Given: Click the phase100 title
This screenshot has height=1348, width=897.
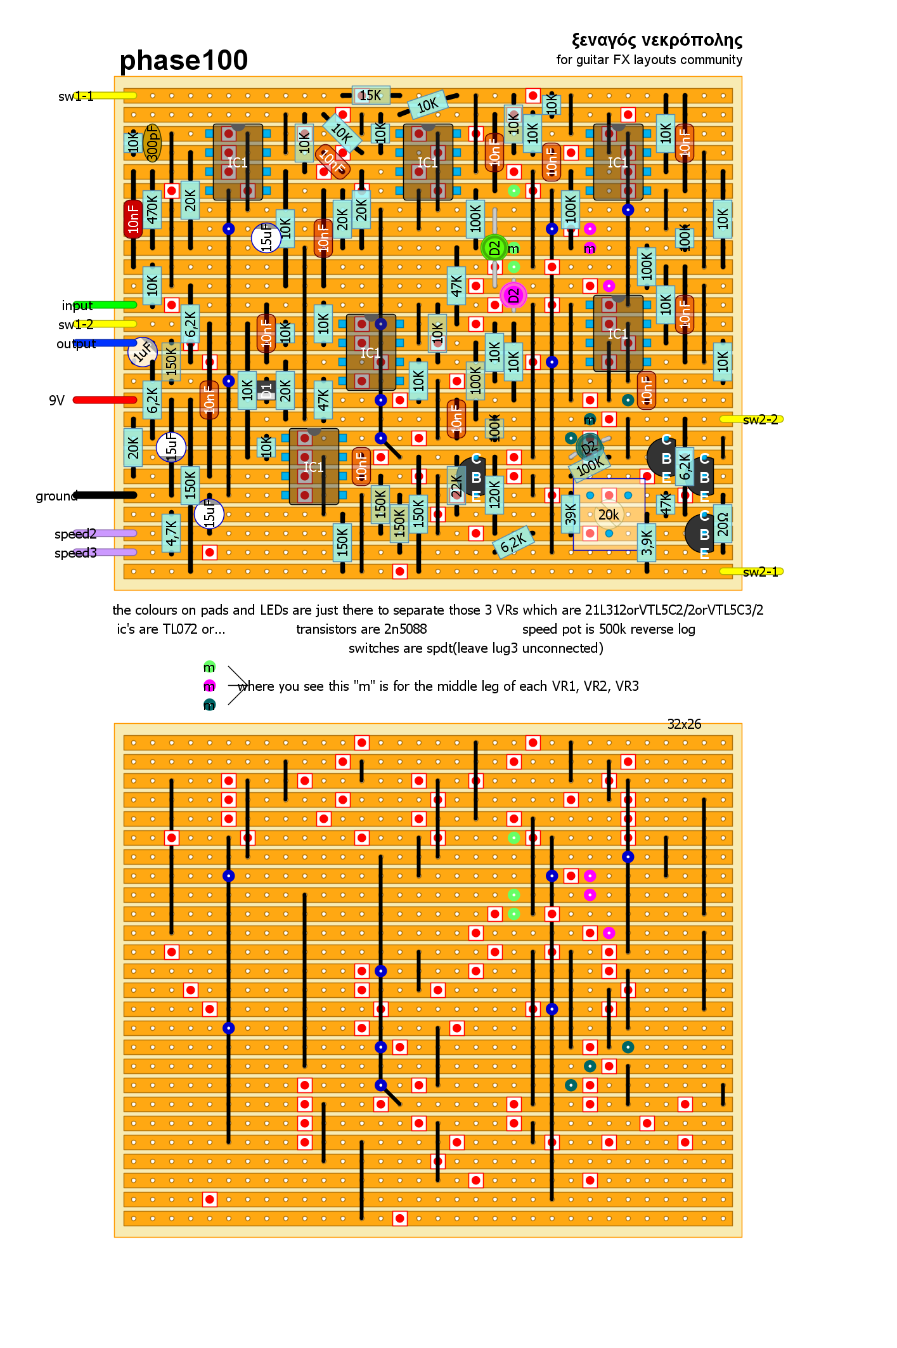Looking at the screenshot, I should click(x=183, y=61).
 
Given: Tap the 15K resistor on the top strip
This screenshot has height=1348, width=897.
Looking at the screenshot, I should click(x=371, y=95).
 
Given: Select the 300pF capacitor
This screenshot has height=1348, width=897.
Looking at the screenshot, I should click(x=152, y=143).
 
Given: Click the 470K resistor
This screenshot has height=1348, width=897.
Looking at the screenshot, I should click(x=152, y=209).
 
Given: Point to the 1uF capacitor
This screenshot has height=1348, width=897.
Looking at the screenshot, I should click(x=143, y=351).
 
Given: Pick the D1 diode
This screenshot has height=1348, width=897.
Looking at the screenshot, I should click(x=266, y=389).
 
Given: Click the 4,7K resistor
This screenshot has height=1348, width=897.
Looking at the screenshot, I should click(x=171, y=533).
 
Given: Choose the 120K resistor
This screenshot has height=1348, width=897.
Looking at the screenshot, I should click(x=494, y=495).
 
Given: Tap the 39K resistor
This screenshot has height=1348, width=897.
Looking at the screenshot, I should click(x=571, y=514).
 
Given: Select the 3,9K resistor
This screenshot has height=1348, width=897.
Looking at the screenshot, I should click(x=647, y=543).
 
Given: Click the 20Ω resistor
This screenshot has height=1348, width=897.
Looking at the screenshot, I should click(x=723, y=524).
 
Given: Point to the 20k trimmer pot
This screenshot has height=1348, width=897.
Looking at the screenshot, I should click(x=609, y=514).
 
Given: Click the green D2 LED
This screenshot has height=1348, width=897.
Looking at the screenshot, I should click(x=494, y=248).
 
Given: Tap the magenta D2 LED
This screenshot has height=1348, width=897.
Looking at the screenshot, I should click(x=513, y=295).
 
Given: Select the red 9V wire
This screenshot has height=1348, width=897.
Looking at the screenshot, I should click(x=105, y=400).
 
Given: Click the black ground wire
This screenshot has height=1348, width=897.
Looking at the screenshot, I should click(x=105, y=495).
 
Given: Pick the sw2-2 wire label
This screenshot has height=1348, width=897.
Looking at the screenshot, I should click(x=760, y=419).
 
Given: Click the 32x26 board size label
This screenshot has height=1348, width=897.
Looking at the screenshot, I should click(x=684, y=724).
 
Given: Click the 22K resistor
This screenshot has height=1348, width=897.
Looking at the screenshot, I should click(x=456, y=486).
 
